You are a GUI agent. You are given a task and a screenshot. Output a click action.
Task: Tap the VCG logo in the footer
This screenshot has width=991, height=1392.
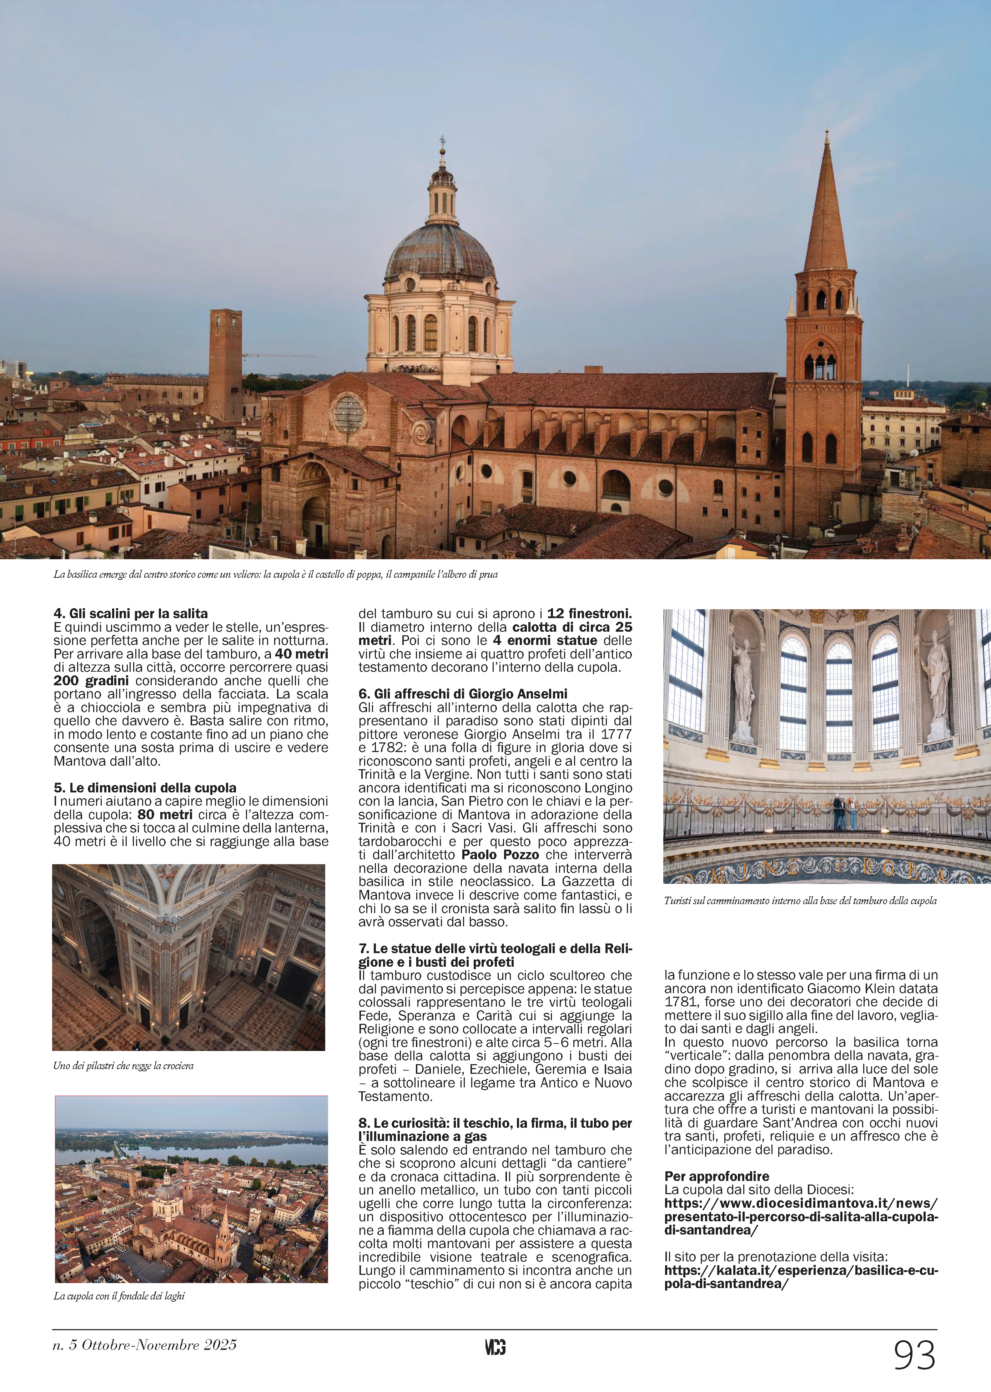(495, 1347)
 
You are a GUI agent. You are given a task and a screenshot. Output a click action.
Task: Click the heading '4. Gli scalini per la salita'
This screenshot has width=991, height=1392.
(131, 613)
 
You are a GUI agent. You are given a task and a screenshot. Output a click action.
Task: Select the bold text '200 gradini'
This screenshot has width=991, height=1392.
(91, 680)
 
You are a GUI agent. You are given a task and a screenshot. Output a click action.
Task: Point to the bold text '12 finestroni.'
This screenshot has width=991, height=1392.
(589, 613)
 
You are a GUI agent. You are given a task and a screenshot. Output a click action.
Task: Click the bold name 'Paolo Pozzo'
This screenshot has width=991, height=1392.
(500, 855)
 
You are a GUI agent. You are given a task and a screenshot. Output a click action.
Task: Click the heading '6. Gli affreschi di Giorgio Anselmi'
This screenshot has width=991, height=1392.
(463, 694)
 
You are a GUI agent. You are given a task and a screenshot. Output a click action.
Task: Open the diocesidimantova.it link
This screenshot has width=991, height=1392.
(801, 1210)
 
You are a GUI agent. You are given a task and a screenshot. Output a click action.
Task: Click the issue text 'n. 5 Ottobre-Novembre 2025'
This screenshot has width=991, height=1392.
(145, 1345)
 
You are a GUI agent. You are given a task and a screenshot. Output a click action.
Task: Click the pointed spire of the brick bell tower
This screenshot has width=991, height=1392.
(826, 201)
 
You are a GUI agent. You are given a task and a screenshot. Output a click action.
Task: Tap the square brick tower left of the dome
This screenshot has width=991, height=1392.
(225, 363)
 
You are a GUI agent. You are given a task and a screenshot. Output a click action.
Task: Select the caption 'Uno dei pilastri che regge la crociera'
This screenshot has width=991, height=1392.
(123, 1066)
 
